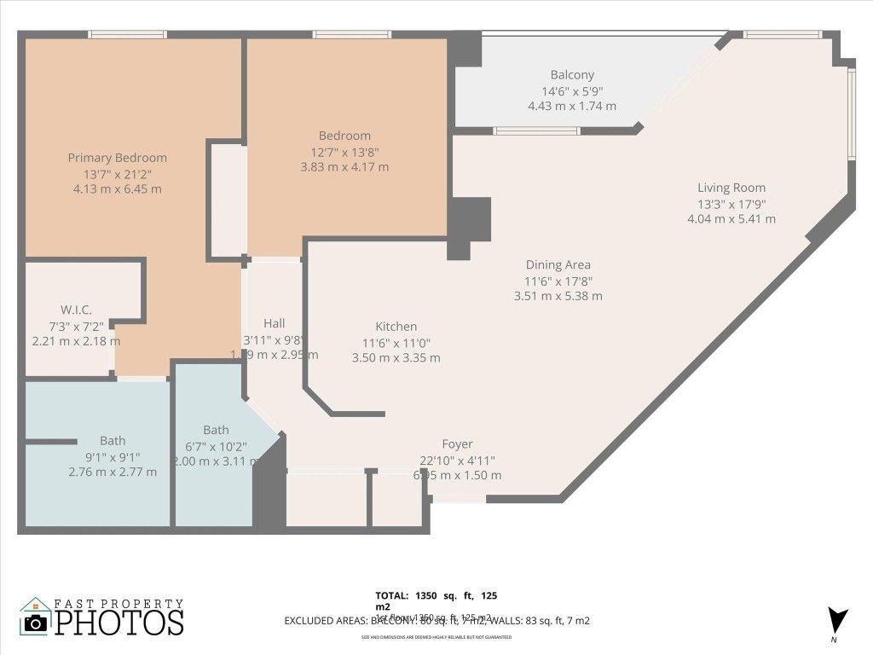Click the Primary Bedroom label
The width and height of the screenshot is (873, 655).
pos(117,158)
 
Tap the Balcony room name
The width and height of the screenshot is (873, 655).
pos(572,75)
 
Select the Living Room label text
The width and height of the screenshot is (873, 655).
pos(731,188)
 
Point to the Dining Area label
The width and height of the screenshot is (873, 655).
pos(558,265)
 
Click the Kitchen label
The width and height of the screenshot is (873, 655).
pos(396,327)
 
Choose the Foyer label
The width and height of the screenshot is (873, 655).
pos(457,444)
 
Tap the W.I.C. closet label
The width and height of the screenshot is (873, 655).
pos(76,310)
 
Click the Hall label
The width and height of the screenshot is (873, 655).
pos(274,323)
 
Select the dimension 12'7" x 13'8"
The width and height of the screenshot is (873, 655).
pos(344,152)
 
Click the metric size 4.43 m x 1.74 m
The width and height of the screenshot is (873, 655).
pos(572,106)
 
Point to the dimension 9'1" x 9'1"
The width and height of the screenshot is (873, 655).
pos(113,456)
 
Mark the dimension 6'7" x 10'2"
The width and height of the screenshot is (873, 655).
pos(216,445)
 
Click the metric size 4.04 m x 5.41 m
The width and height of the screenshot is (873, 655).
pos(731,218)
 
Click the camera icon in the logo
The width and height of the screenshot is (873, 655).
pos(35,622)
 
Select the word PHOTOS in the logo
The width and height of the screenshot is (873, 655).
pos(119,622)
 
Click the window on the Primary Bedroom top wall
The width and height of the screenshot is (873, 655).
pos(126,35)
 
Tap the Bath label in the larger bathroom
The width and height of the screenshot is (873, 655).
pos(113,441)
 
